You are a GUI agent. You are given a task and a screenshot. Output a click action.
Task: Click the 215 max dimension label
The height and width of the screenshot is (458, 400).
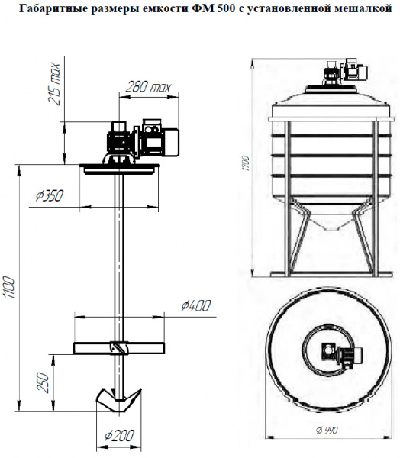(x=55, y=84)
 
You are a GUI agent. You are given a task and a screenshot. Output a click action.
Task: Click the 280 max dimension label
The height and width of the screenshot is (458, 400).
(x=148, y=87)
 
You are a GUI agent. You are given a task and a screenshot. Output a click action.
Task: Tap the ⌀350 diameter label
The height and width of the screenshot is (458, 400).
(x=50, y=195)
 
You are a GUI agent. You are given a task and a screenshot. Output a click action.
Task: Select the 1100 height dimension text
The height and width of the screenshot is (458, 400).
(x=9, y=287)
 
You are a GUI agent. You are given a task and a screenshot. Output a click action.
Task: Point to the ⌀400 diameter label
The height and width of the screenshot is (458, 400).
(x=195, y=305)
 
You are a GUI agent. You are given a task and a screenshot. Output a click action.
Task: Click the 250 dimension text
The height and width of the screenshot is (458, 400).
(x=43, y=383)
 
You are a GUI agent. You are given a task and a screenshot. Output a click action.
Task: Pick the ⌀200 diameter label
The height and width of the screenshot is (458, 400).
(x=120, y=436)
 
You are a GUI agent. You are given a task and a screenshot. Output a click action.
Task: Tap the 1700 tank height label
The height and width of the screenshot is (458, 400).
(x=247, y=163)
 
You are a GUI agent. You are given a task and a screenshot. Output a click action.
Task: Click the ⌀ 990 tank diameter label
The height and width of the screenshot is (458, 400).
(x=327, y=431)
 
